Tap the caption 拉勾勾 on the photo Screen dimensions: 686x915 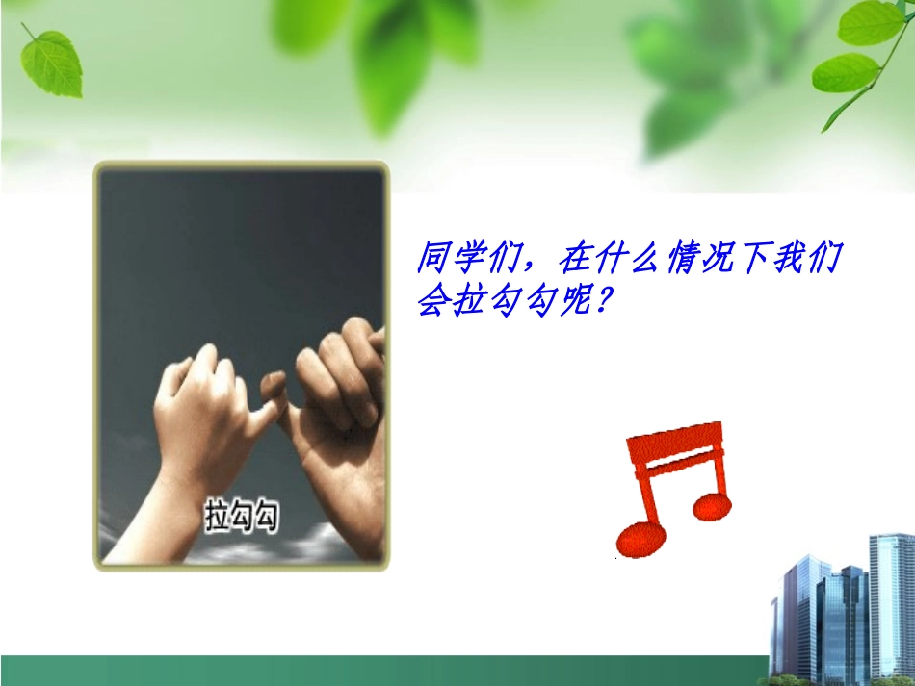[242, 516]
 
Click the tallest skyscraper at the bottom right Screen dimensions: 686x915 [890, 606]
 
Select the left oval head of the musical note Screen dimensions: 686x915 [640, 539]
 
